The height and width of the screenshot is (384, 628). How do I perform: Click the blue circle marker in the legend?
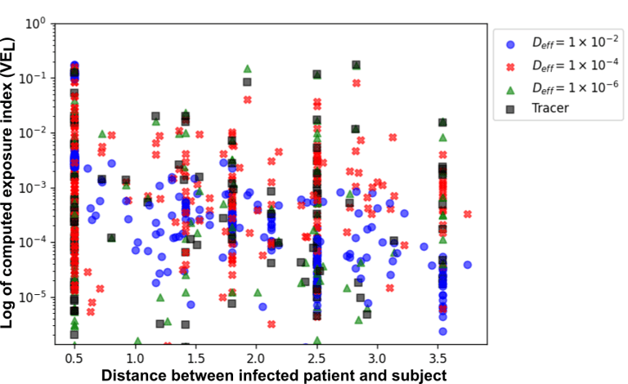509,44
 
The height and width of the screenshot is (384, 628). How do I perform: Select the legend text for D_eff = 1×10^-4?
569,65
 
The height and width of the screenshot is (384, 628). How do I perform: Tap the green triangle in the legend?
509,86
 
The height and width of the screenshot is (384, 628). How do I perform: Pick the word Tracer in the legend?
549,107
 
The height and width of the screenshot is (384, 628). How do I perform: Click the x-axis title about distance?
273,374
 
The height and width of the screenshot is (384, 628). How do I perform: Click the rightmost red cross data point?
468,214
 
